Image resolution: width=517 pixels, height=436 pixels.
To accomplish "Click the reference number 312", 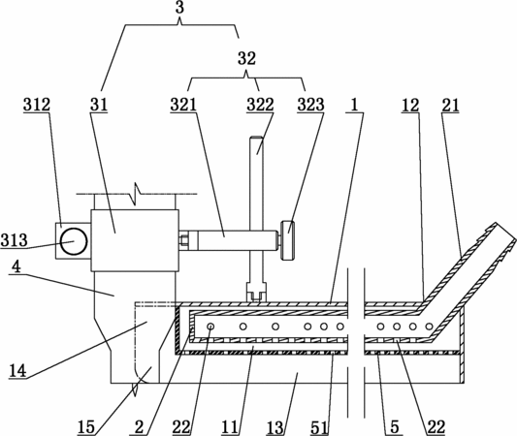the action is click(x=37, y=105).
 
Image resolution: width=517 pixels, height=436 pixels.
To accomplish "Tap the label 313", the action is click(x=14, y=240).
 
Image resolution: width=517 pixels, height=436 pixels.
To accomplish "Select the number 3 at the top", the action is click(x=179, y=8).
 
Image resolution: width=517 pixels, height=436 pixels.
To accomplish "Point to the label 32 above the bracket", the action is click(x=246, y=58).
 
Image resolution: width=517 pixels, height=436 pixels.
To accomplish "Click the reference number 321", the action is click(x=183, y=105).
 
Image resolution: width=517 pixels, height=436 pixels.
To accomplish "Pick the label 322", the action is click(x=260, y=105).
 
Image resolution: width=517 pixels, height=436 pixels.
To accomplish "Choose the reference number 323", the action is click(x=310, y=105).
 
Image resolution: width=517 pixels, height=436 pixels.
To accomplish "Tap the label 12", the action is click(x=410, y=106).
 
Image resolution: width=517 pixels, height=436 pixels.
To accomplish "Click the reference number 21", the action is click(x=450, y=106).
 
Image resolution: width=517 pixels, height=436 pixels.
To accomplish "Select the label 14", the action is click(x=17, y=371).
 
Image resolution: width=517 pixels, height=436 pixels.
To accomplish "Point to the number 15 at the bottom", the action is click(x=86, y=428).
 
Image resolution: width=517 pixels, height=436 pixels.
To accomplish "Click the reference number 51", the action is click(x=319, y=428).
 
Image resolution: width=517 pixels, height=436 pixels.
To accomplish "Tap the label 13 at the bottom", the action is click(x=275, y=428).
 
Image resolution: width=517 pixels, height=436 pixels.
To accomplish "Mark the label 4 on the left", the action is click(x=16, y=266).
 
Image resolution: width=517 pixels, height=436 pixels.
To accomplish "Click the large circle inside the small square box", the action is click(x=74, y=241).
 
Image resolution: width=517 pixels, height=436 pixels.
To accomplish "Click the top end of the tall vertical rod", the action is click(x=256, y=137).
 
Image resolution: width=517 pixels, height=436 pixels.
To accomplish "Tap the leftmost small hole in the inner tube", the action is click(x=210, y=327).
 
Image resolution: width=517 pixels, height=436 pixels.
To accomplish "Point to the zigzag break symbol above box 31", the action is click(x=136, y=194).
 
